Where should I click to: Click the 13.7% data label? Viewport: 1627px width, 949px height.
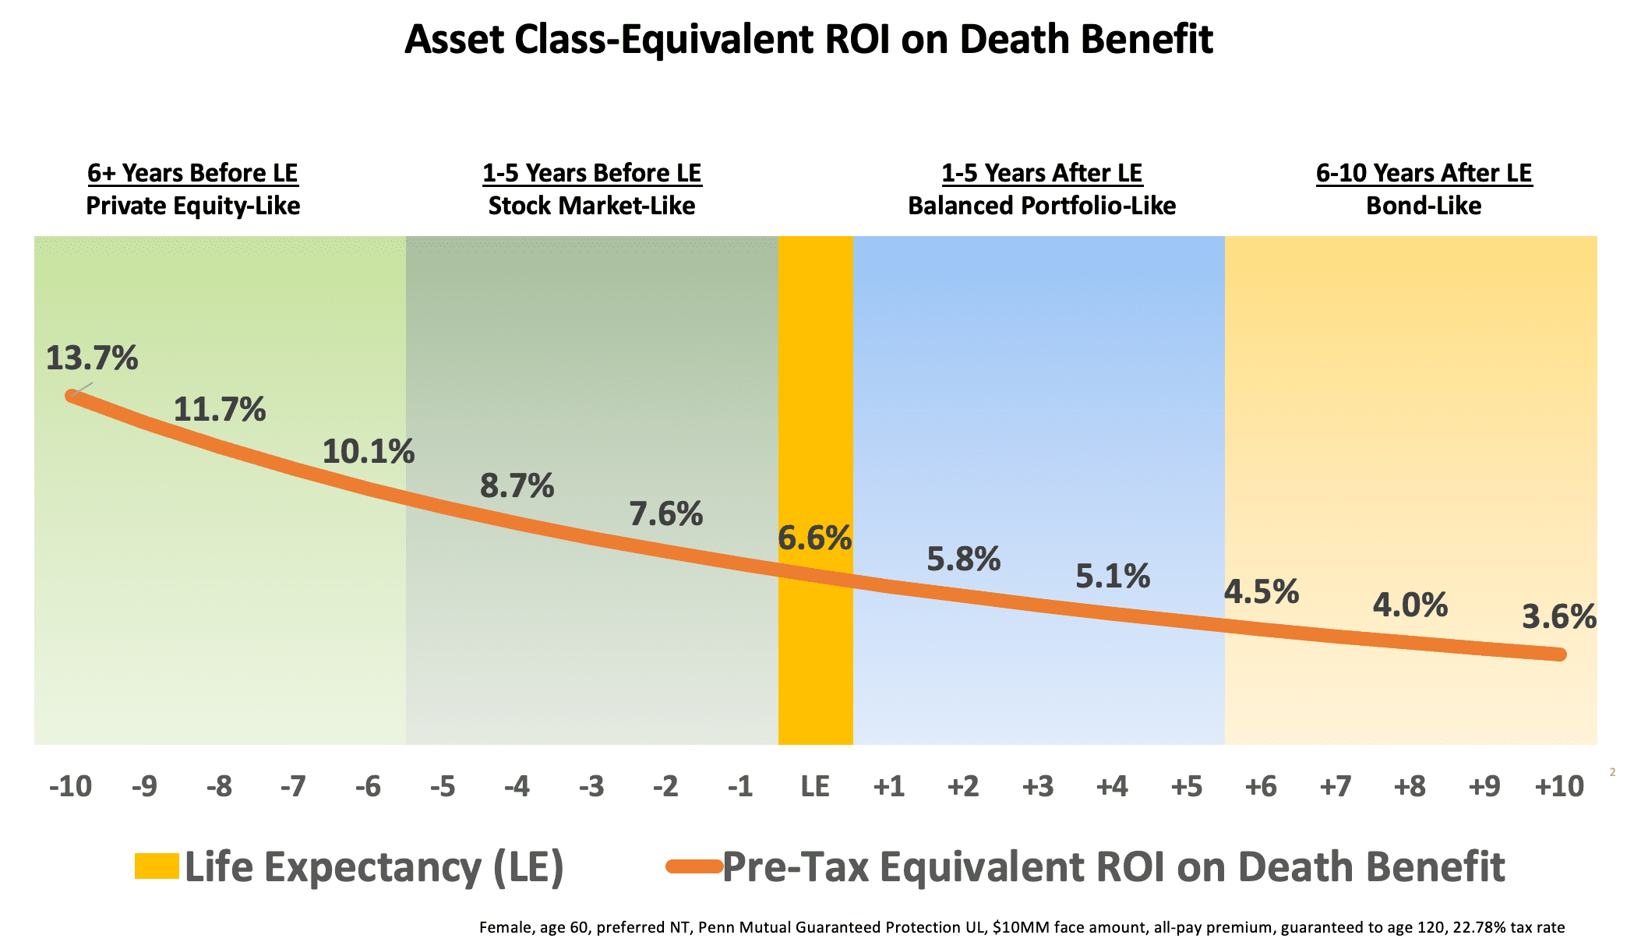click(92, 358)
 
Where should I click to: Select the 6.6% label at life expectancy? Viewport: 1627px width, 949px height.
click(814, 538)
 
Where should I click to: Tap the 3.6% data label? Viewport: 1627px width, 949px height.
click(1558, 617)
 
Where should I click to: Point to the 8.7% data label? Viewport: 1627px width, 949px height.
click(517, 486)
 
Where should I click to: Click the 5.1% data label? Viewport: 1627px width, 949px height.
click(1112, 577)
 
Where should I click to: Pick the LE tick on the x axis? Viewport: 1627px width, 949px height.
click(815, 786)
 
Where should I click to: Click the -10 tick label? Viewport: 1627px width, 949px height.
click(70, 786)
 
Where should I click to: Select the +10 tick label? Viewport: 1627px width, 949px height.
click(1558, 786)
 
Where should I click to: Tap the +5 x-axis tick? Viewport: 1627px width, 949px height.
click(1186, 786)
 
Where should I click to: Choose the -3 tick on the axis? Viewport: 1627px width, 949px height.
click(591, 786)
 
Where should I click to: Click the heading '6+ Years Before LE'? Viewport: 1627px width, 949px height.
click(192, 173)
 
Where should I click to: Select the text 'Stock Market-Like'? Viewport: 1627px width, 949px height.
click(591, 206)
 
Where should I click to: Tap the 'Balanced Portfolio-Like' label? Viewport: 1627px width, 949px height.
click(1042, 206)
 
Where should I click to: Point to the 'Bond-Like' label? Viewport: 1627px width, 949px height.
click(1424, 206)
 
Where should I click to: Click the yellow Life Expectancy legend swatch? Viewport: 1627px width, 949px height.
click(157, 866)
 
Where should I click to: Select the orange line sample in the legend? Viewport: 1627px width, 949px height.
click(694, 866)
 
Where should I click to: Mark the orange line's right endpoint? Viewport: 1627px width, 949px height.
click(1559, 654)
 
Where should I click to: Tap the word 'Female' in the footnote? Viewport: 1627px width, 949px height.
click(504, 927)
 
